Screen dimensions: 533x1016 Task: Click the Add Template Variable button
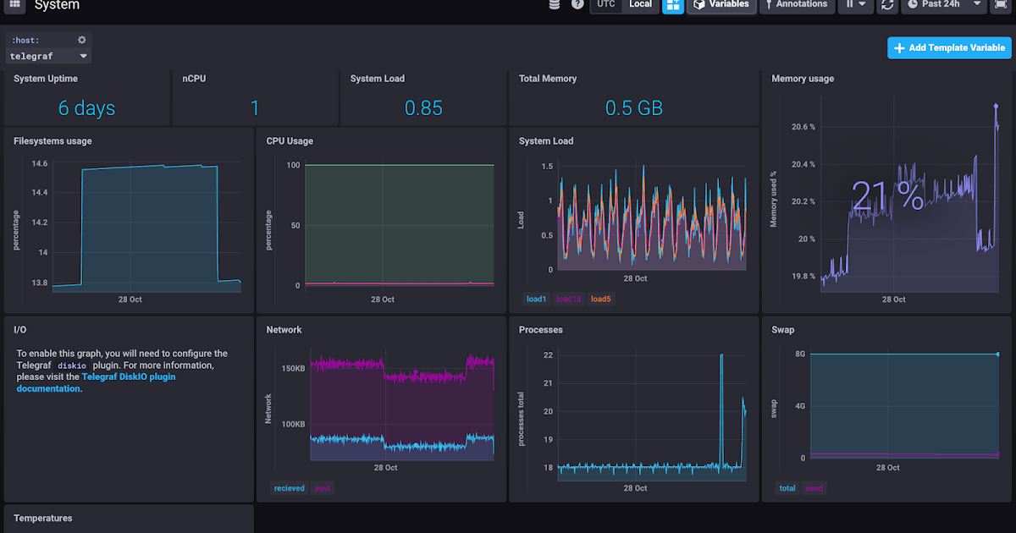coord(949,48)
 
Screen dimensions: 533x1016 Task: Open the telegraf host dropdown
coord(48,57)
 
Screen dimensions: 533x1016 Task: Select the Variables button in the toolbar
coord(721,4)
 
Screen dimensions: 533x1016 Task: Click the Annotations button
coord(795,4)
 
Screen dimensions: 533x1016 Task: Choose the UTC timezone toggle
coord(606,4)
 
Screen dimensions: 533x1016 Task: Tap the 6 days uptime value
coord(86,108)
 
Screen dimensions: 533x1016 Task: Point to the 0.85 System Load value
coord(423,108)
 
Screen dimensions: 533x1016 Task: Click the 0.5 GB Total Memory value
coord(633,108)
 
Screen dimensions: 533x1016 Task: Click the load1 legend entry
coord(536,299)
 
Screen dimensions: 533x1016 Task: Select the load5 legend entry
coord(600,299)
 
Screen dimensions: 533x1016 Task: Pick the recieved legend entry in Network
coord(289,488)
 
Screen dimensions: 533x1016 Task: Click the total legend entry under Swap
coord(787,488)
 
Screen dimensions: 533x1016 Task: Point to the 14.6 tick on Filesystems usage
coord(39,163)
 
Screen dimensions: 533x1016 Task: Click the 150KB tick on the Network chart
coord(293,369)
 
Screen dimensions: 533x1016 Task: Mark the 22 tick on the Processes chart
coord(548,355)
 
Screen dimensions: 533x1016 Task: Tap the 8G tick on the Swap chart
coord(800,354)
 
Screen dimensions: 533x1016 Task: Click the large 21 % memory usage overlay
coord(886,197)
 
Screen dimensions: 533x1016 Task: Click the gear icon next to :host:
coord(82,40)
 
